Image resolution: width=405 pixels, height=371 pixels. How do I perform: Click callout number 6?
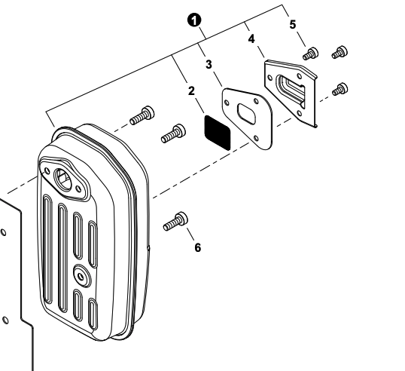198,247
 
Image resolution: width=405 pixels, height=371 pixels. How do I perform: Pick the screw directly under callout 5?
309,54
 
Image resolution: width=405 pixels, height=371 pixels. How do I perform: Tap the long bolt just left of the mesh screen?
172,134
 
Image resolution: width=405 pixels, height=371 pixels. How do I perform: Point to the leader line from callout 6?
189,233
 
